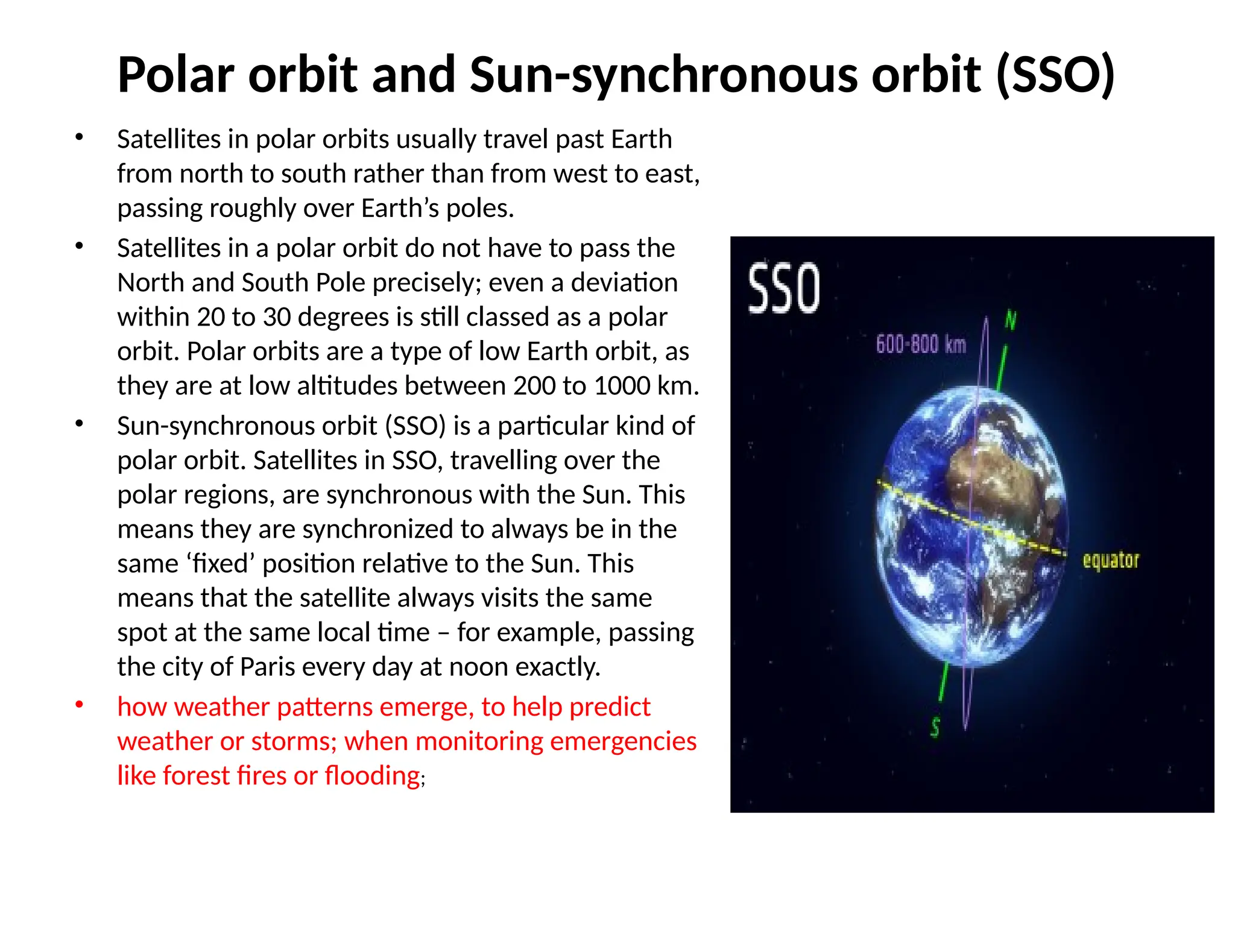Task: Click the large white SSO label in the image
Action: tap(783, 289)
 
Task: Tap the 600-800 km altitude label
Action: tap(920, 345)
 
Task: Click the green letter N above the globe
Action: tap(1011, 320)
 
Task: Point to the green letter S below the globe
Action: tap(935, 727)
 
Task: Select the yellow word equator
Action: tap(1110, 560)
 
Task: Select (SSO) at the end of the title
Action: tap(1055, 75)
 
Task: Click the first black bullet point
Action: tap(79, 137)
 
